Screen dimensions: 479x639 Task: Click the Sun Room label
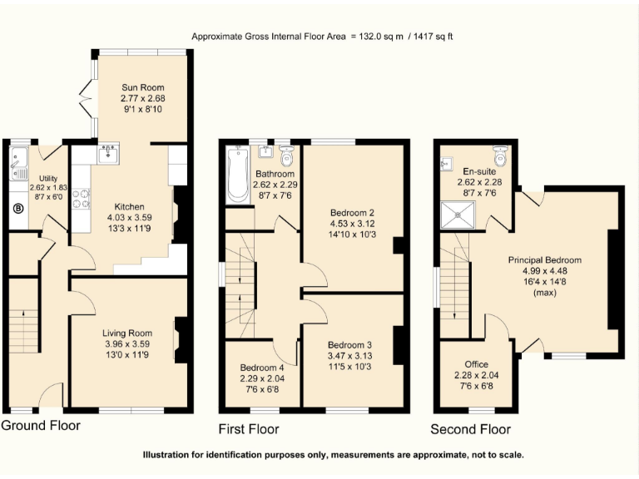tap(143, 86)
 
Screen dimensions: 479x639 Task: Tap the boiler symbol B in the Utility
tap(18, 209)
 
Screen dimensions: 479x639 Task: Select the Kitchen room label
tap(130, 207)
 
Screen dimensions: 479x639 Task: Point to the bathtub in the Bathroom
tap(238, 175)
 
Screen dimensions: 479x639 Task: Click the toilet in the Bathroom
tap(287, 155)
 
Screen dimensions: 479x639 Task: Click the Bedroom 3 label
tap(349, 345)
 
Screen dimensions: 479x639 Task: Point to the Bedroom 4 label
tap(262, 368)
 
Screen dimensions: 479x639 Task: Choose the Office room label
tap(477, 364)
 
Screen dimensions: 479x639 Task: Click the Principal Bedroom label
tap(545, 260)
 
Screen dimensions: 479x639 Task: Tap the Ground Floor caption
tap(41, 426)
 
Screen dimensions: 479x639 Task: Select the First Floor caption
tap(249, 429)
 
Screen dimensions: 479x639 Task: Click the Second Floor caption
tap(470, 429)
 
